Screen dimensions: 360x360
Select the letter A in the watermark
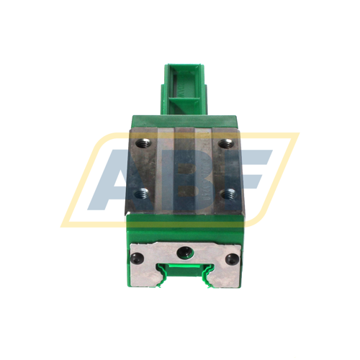click(115, 176)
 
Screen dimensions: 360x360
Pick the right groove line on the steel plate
click(199, 169)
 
